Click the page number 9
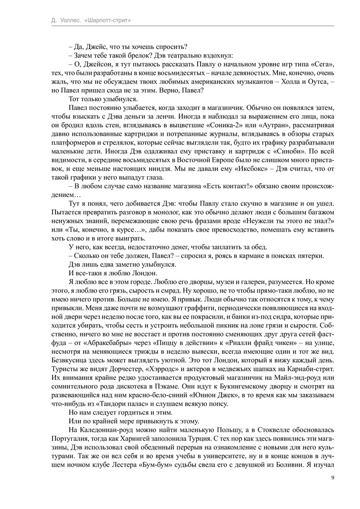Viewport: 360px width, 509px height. (x=332, y=477)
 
